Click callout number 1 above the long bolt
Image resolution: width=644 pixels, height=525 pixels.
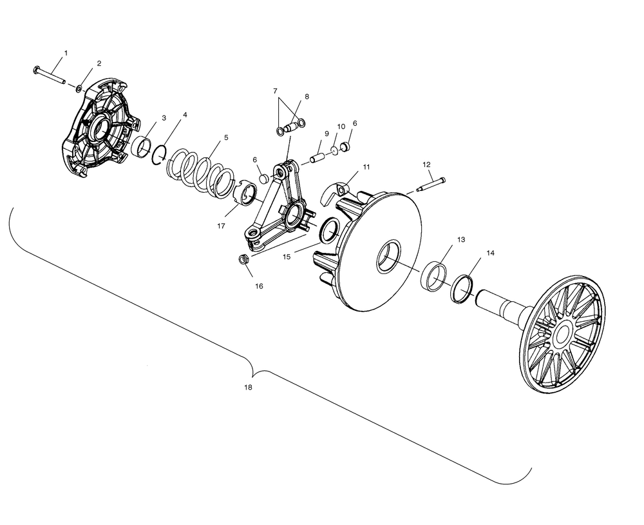65,52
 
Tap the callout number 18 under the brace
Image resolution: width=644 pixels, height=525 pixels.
249,388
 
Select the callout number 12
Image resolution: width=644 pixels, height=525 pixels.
426,164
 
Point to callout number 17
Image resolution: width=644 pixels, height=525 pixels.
222,226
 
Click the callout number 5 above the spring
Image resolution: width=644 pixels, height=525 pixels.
226,137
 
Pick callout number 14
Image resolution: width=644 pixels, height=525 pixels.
491,253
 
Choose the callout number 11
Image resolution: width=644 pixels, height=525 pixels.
366,167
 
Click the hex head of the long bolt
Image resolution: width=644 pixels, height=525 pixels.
36,69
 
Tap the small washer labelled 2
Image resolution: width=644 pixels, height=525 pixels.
79,88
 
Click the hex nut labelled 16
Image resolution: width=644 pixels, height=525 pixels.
244,259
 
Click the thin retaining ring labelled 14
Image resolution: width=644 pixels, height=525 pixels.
461,288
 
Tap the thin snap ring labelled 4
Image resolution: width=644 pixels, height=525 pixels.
160,155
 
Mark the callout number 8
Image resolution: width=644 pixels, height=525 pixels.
307,96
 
